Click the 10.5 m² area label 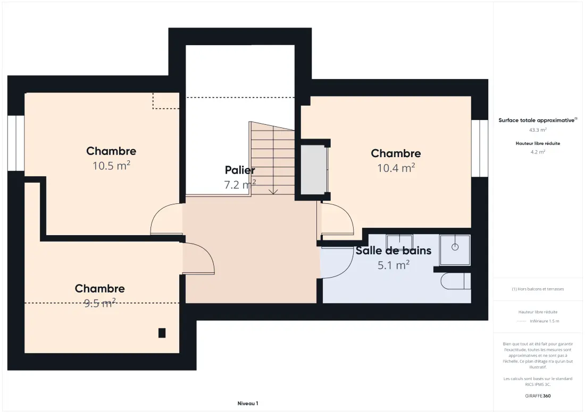pyautogui.click(x=111, y=165)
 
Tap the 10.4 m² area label pyautogui.click(x=396, y=168)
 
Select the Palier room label pyautogui.click(x=240, y=170)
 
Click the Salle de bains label pyautogui.click(x=393, y=251)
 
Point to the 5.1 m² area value pyautogui.click(x=394, y=265)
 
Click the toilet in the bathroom pyautogui.click(x=456, y=281)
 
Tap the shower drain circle pyautogui.click(x=455, y=247)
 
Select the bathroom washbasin pyautogui.click(x=399, y=242)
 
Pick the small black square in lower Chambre pyautogui.click(x=162, y=332)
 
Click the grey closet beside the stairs pyautogui.click(x=314, y=169)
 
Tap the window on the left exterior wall pyautogui.click(x=16, y=143)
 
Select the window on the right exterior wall pyautogui.click(x=479, y=148)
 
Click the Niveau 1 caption pyautogui.click(x=248, y=403)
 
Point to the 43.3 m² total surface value pyautogui.click(x=538, y=130)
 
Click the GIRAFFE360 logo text pyautogui.click(x=538, y=396)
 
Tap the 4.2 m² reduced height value pyautogui.click(x=538, y=152)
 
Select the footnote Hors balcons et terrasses pyautogui.click(x=538, y=289)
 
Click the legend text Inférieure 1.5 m pyautogui.click(x=545, y=321)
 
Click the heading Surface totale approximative pyautogui.click(x=537, y=121)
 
